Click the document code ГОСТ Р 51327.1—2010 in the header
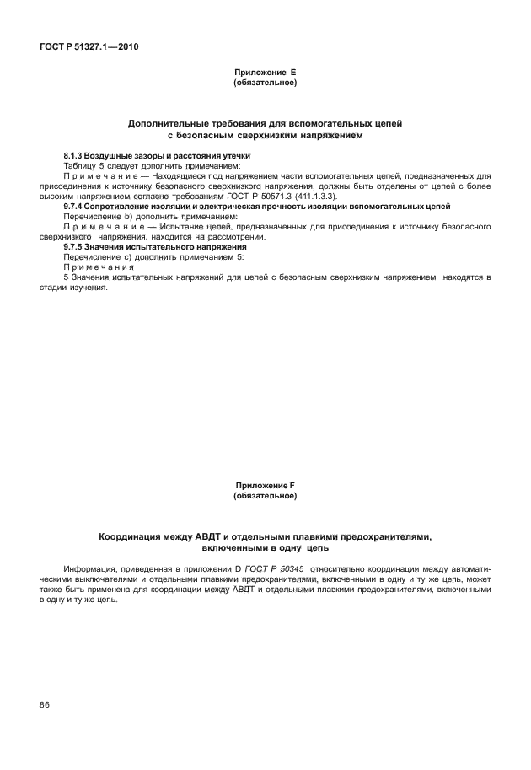click(88, 47)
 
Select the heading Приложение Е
click(265, 74)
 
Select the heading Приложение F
click(265, 486)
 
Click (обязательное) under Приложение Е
click(265, 83)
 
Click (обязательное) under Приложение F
click(265, 495)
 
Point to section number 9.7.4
click(78, 207)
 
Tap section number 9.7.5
click(78, 246)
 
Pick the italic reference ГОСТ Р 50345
click(264, 569)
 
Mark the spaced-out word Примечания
click(99, 267)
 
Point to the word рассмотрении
click(240, 237)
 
